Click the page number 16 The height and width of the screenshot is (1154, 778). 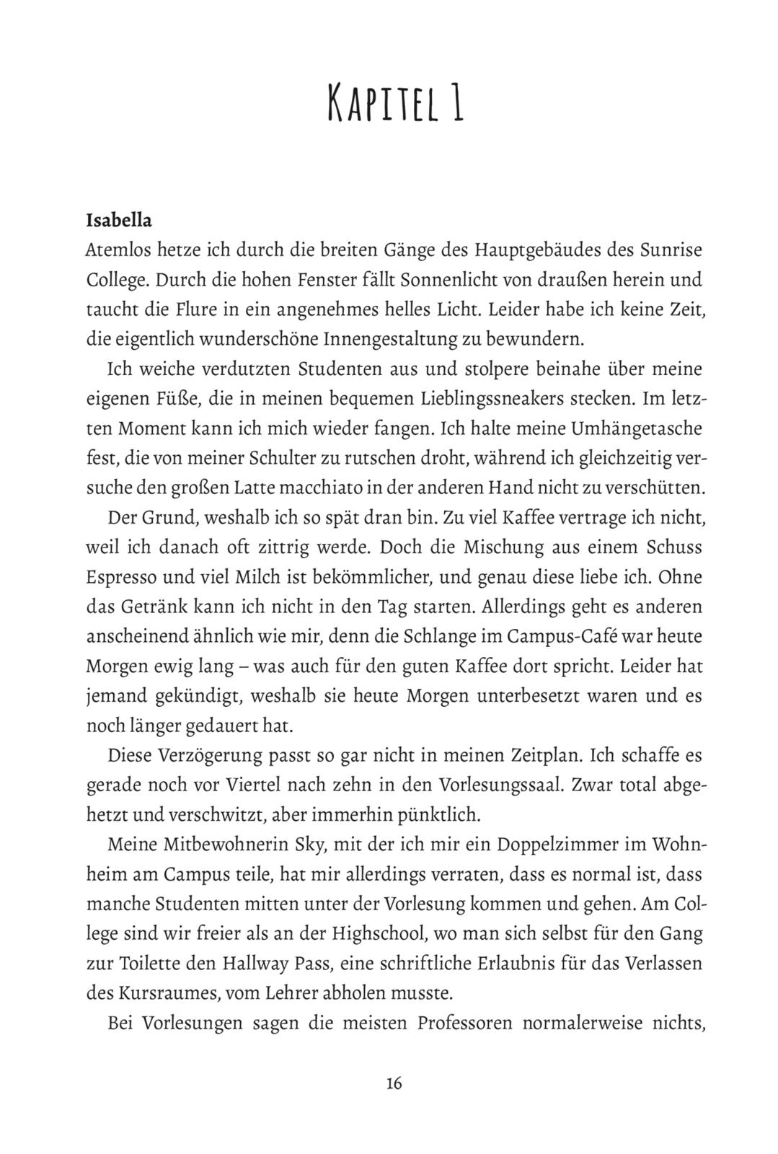pyautogui.click(x=394, y=1083)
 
